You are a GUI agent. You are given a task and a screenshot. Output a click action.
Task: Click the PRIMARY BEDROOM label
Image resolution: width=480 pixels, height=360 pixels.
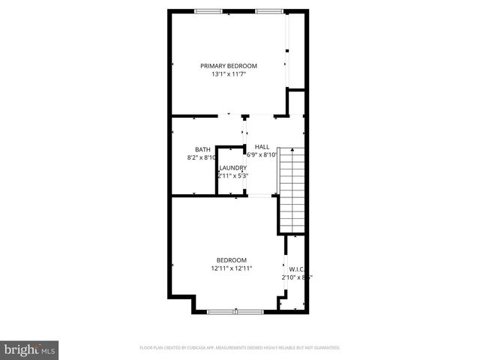click(228, 66)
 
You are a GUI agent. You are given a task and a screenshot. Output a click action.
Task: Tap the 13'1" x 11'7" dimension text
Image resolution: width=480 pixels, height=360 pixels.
click(228, 74)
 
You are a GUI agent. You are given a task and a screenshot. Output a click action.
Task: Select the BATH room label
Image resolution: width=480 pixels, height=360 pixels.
click(202, 149)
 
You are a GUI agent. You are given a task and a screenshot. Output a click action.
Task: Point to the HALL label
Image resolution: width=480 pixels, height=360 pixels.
click(262, 146)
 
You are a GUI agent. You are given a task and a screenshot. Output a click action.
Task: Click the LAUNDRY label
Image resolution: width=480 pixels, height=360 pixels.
click(232, 167)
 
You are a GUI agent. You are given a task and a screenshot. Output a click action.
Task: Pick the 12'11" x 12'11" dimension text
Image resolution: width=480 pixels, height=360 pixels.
click(231, 268)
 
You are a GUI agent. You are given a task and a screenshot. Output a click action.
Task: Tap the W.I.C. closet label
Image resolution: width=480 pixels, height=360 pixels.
click(297, 268)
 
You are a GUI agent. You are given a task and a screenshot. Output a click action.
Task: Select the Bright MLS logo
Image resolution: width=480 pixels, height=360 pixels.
click(30, 349)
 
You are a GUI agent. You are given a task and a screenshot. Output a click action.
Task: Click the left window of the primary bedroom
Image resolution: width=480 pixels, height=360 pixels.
click(208, 11)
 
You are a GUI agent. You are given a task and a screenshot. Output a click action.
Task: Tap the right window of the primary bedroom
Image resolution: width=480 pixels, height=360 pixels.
click(268, 11)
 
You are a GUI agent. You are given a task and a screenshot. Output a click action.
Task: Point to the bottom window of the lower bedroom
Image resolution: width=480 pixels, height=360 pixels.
click(234, 310)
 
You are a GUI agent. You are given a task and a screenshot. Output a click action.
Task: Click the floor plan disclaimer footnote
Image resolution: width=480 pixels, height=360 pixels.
click(240, 348)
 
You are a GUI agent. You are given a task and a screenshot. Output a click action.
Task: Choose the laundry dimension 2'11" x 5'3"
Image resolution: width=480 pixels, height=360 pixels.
click(232, 175)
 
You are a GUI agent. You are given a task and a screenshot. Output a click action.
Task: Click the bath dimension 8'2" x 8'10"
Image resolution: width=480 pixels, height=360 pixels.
click(202, 157)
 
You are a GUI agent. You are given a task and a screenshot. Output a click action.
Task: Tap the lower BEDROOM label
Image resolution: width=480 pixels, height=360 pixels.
click(231, 259)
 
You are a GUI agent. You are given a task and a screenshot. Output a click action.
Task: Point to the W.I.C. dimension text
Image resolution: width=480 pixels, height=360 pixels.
click(296, 277)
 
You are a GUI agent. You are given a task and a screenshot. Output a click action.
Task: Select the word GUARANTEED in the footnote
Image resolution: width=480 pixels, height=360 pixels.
click(325, 348)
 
